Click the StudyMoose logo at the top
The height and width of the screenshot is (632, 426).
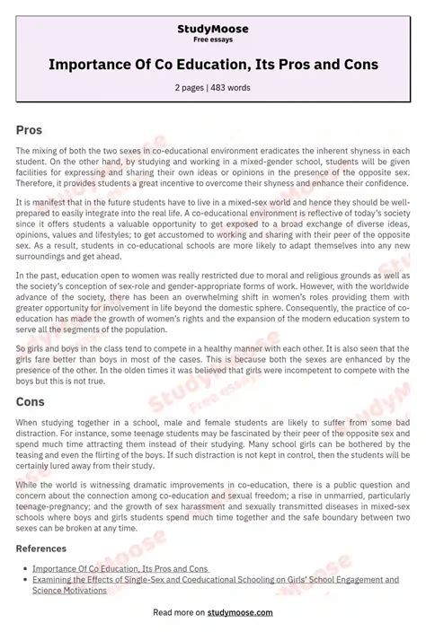pos(213,29)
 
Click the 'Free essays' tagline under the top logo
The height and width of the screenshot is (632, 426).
pos(213,40)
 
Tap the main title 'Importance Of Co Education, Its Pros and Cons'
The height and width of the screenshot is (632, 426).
pos(213,65)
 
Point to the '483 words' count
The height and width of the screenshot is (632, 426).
pos(231,87)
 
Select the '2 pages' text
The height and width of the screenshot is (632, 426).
pos(191,87)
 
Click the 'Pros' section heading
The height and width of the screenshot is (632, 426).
pos(29,130)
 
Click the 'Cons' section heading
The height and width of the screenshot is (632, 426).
pos(30,402)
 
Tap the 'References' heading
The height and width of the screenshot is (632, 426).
pos(41,548)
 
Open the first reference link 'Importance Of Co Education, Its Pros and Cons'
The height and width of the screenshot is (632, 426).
pos(120,568)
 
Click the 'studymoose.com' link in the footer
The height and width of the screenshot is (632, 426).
pos(240,612)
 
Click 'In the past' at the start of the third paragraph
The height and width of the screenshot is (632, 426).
pos(38,276)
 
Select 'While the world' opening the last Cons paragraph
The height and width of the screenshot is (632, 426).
pos(48,484)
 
